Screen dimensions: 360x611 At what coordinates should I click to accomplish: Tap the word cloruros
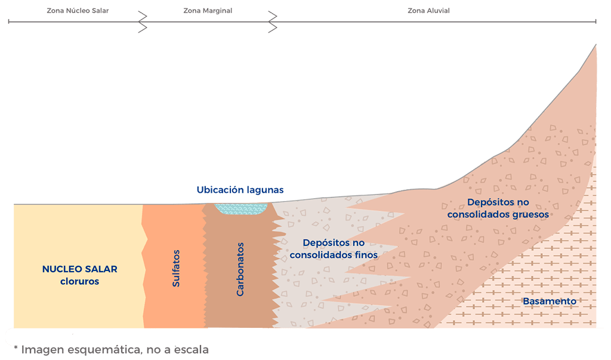click(79, 281)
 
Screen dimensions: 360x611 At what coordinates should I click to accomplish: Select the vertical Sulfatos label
click(176, 268)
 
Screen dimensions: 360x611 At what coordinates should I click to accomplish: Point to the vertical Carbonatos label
click(240, 269)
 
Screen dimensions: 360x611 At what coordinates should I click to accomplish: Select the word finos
click(365, 255)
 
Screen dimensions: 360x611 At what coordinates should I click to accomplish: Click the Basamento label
click(550, 301)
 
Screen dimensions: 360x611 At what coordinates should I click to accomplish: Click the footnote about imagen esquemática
click(111, 350)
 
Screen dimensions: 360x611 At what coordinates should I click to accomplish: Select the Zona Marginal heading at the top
click(208, 11)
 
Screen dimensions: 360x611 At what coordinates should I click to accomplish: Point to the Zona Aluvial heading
click(428, 11)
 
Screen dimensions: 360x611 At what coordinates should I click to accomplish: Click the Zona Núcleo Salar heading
click(78, 11)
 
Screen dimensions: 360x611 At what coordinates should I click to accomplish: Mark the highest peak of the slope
click(595, 45)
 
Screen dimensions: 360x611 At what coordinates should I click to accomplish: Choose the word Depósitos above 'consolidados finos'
click(334, 243)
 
